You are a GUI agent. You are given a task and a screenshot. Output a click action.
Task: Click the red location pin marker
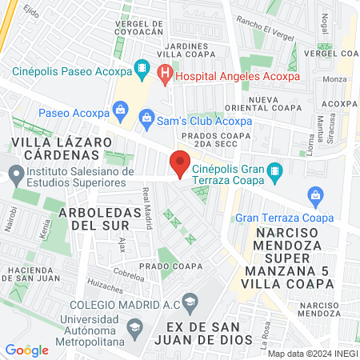point(179,166)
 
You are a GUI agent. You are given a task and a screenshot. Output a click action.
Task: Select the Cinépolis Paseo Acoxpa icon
point(142,67)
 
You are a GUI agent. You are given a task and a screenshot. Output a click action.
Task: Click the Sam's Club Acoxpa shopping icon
point(146,121)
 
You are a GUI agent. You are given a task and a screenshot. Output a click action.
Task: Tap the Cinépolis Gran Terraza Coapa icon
point(274,170)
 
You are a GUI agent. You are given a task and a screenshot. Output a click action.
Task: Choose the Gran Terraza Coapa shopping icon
point(316,194)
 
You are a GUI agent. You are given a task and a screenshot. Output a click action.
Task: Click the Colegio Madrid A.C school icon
point(190,302)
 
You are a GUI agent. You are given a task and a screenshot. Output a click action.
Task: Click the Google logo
point(26,350)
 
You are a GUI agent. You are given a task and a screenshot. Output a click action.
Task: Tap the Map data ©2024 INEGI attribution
point(311,353)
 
